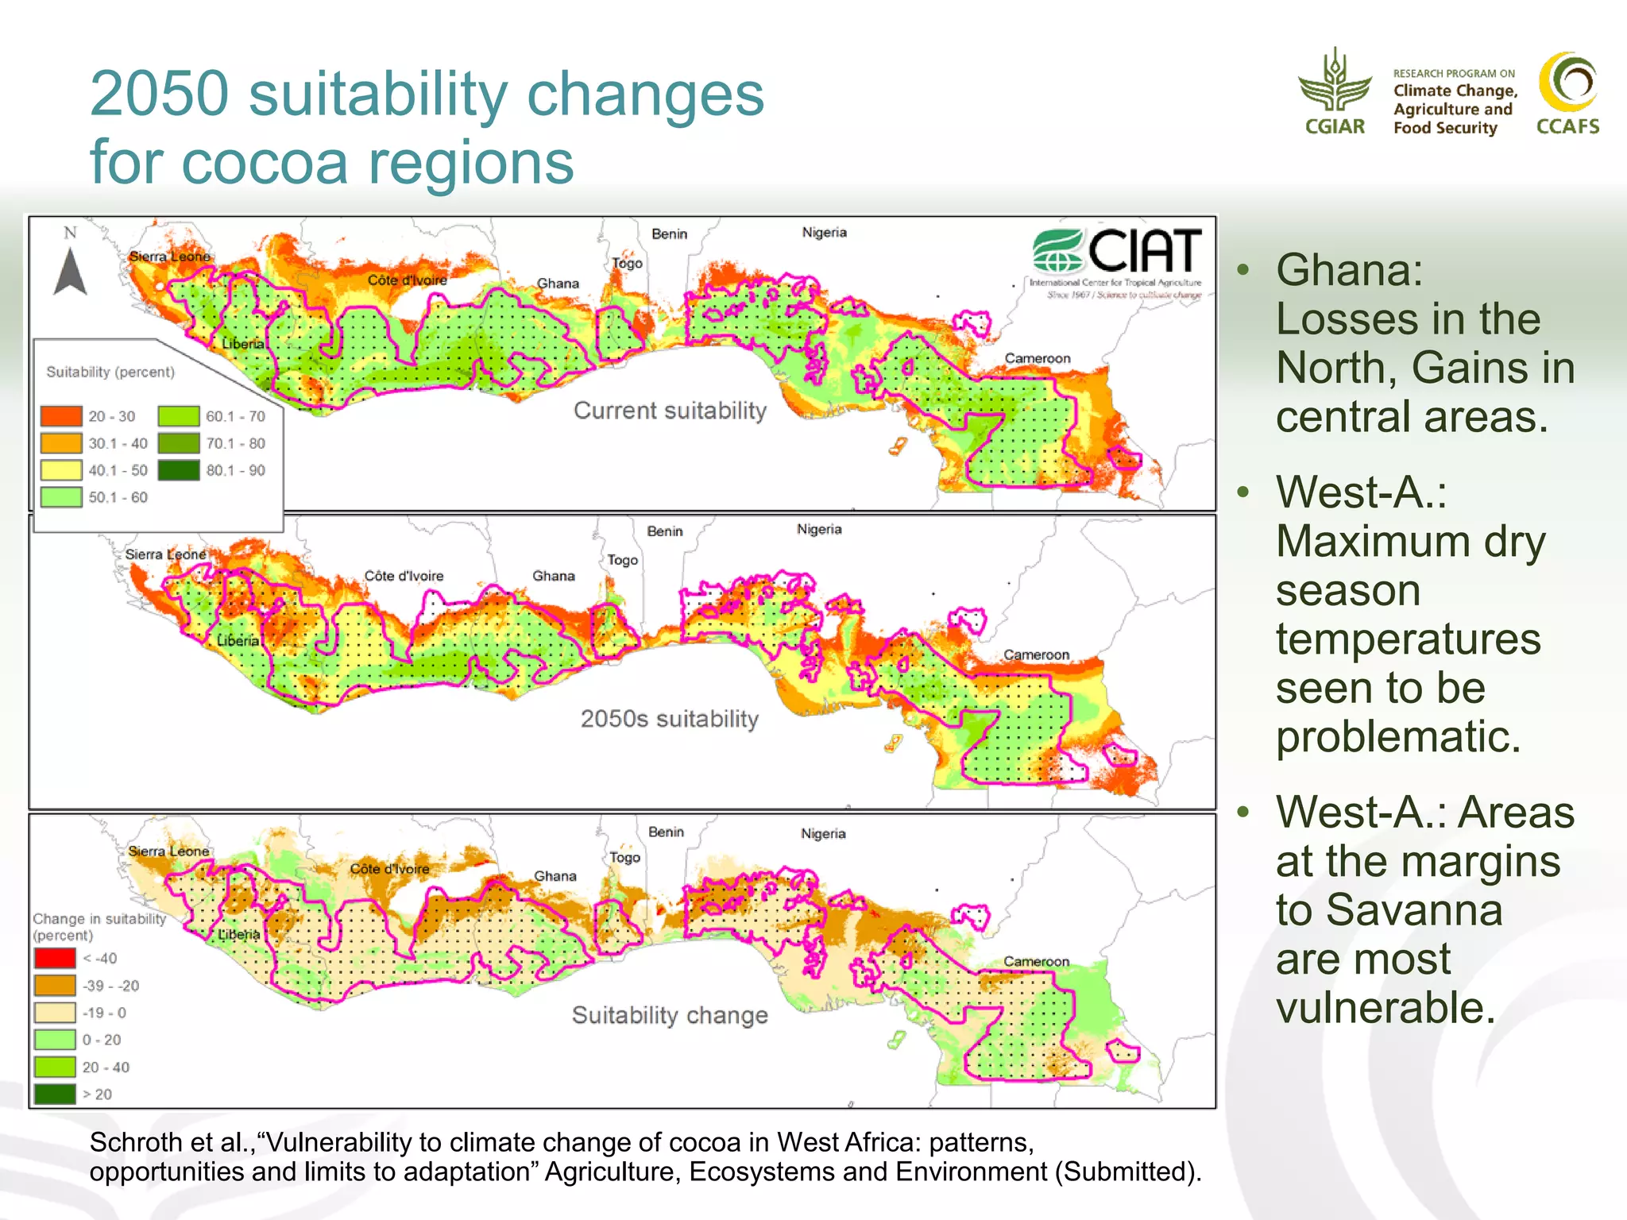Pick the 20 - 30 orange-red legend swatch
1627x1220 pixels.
click(x=61, y=416)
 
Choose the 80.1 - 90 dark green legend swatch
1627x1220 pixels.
click(x=179, y=470)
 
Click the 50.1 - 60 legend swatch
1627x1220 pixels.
click(x=61, y=497)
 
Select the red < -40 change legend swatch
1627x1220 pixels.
click(x=55, y=958)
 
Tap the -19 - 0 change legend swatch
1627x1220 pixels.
click(x=55, y=1013)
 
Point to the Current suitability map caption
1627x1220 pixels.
click(x=670, y=411)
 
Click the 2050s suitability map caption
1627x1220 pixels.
click(x=670, y=719)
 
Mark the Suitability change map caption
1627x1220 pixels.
click(x=670, y=1015)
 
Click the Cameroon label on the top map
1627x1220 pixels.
click(x=1037, y=358)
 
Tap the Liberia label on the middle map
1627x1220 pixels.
click(x=238, y=640)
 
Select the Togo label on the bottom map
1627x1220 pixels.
click(x=624, y=858)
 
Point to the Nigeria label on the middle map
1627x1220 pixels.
click(x=819, y=529)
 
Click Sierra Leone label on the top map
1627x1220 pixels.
click(x=169, y=257)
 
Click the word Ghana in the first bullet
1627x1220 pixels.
click(x=1348, y=270)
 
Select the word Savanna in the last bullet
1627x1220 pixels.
click(x=1389, y=909)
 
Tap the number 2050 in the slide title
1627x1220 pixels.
click(x=159, y=94)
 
